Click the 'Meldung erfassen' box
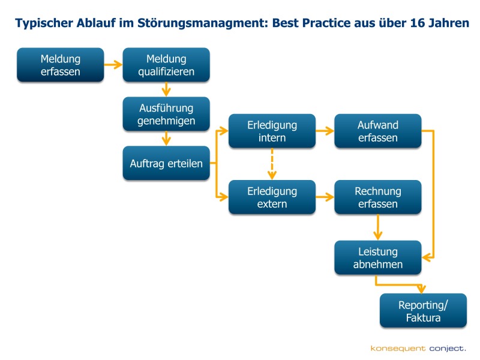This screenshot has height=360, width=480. pyautogui.click(x=61, y=65)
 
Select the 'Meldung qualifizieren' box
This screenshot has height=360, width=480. pyautogui.click(x=166, y=65)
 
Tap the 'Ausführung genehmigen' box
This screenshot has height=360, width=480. pyautogui.click(x=166, y=114)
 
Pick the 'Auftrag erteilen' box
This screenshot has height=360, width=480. pyautogui.click(x=166, y=163)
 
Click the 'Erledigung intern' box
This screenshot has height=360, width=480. pyautogui.click(x=272, y=131)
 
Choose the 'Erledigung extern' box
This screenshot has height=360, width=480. pyautogui.click(x=272, y=197)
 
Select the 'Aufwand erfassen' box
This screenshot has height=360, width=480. pyautogui.click(x=378, y=131)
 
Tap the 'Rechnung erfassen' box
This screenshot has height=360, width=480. pyautogui.click(x=378, y=197)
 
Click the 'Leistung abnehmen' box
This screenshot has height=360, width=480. pyautogui.click(x=378, y=257)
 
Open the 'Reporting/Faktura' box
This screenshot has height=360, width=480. pyautogui.click(x=424, y=311)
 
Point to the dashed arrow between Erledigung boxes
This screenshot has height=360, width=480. pyautogui.click(x=272, y=164)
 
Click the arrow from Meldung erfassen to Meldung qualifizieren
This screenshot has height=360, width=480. pyautogui.click(x=113, y=65)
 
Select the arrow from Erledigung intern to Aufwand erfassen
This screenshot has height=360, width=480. pyautogui.click(x=325, y=131)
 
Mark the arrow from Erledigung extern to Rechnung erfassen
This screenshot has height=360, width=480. pyautogui.click(x=325, y=197)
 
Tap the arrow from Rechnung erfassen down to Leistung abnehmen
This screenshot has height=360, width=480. pyautogui.click(x=378, y=227)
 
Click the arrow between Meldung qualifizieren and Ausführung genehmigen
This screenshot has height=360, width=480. pyautogui.click(x=166, y=89)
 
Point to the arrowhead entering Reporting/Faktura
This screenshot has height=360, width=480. pyautogui.click(x=422, y=289)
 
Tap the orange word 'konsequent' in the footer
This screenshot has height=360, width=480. pyautogui.click(x=398, y=349)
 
